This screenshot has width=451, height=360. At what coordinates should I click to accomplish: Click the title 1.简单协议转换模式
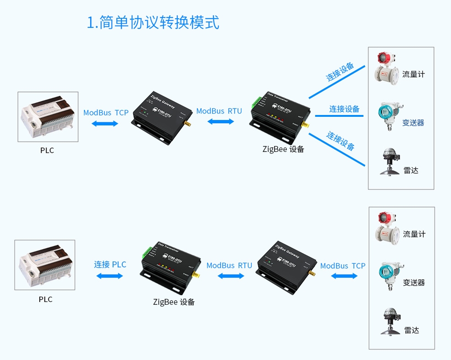[x=153, y=22]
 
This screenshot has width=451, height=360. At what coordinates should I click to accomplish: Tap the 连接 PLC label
[x=110, y=264]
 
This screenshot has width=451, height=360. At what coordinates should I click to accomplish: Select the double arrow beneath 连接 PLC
[x=110, y=276]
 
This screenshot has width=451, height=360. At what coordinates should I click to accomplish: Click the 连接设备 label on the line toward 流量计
[x=340, y=72]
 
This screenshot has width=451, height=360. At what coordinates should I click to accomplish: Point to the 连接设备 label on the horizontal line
[x=344, y=109]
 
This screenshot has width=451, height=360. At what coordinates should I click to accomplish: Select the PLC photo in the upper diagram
[x=48, y=116]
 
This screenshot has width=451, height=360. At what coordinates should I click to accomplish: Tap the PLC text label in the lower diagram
[x=46, y=299]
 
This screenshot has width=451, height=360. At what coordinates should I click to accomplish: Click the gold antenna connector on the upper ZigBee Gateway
[x=187, y=124]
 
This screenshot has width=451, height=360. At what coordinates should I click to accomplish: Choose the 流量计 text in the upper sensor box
[x=413, y=74]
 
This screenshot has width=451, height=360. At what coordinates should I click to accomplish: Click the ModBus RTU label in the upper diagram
[x=219, y=111]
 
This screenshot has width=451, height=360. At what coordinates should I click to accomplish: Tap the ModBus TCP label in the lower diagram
[x=342, y=266]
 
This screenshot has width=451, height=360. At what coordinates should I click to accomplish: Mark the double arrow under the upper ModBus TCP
[x=105, y=123]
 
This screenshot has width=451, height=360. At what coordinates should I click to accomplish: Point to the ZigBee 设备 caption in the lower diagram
[x=174, y=302]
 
